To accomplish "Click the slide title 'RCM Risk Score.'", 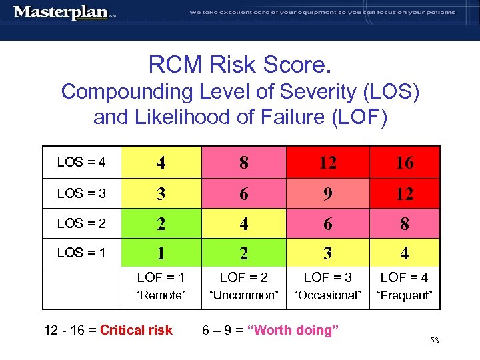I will pyautogui.click(x=240, y=65).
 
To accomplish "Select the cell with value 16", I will pyautogui.click(x=404, y=162).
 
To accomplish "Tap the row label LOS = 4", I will pyautogui.click(x=81, y=162).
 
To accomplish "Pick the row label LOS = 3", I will pyautogui.click(x=81, y=193).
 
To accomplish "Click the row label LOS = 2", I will pyautogui.click(x=81, y=223).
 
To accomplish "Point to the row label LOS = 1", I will pyautogui.click(x=81, y=253).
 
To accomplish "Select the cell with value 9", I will pyautogui.click(x=327, y=193).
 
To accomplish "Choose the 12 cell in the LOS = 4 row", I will pyautogui.click(x=327, y=162).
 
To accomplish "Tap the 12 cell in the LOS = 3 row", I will pyautogui.click(x=404, y=193).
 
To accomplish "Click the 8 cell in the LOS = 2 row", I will pyautogui.click(x=404, y=224).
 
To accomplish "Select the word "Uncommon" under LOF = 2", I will pyautogui.click(x=244, y=295).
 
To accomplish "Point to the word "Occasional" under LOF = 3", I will pyautogui.click(x=327, y=295).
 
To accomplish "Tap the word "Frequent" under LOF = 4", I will pyautogui.click(x=404, y=295).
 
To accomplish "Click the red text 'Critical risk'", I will pyautogui.click(x=136, y=330).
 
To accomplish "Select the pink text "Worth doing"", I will pyautogui.click(x=293, y=330).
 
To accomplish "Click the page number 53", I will pyautogui.click(x=434, y=341).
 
